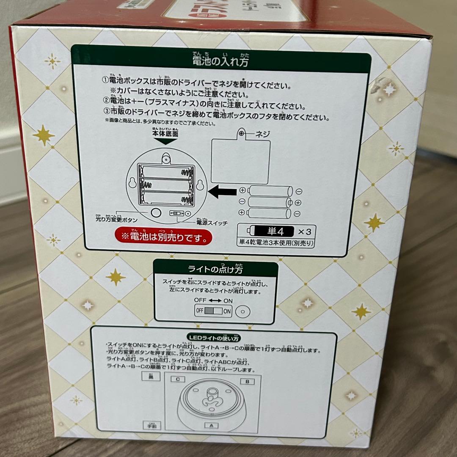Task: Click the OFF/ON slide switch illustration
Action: [x=213, y=311]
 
